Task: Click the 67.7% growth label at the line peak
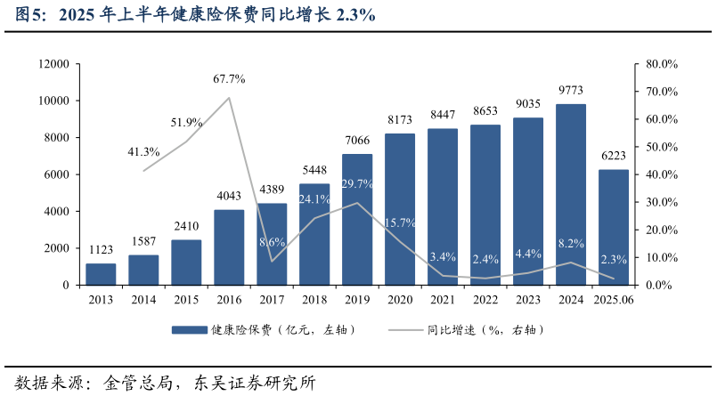(x=229, y=79)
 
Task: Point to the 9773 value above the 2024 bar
(x=571, y=91)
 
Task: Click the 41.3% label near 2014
(x=144, y=152)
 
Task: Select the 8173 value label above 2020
(x=400, y=120)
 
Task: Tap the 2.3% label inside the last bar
(x=614, y=260)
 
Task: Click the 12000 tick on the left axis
(x=53, y=64)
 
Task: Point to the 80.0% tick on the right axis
(x=663, y=64)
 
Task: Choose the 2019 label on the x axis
(x=357, y=300)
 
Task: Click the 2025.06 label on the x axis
(x=614, y=300)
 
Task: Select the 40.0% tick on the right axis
(x=663, y=174)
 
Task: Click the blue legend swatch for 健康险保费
(x=188, y=330)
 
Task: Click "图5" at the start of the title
(x=30, y=15)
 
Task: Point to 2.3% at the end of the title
(x=355, y=15)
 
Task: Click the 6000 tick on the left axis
(x=57, y=174)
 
